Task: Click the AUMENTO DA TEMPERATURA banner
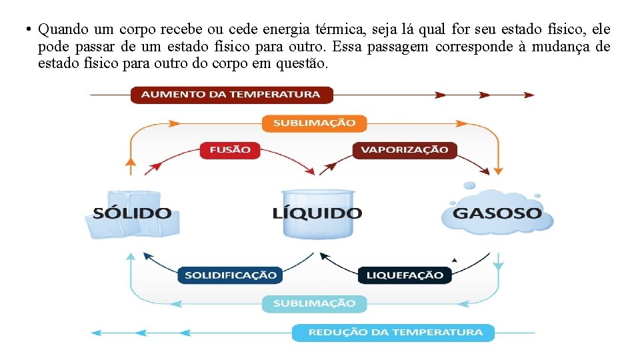click(x=231, y=94)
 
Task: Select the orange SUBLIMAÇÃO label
click(x=314, y=123)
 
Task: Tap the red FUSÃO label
click(x=230, y=149)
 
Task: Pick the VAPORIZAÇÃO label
click(x=404, y=149)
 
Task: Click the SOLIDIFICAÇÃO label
click(x=230, y=275)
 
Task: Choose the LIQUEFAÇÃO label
click(x=405, y=275)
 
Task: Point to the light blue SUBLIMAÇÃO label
click(x=314, y=303)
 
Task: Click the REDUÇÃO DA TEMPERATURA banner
click(x=393, y=332)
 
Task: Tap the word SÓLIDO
click(x=132, y=214)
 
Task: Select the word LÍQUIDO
click(x=317, y=214)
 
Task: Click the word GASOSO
click(x=497, y=214)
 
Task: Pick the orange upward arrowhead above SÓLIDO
click(x=131, y=161)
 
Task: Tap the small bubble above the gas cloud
click(x=469, y=186)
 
